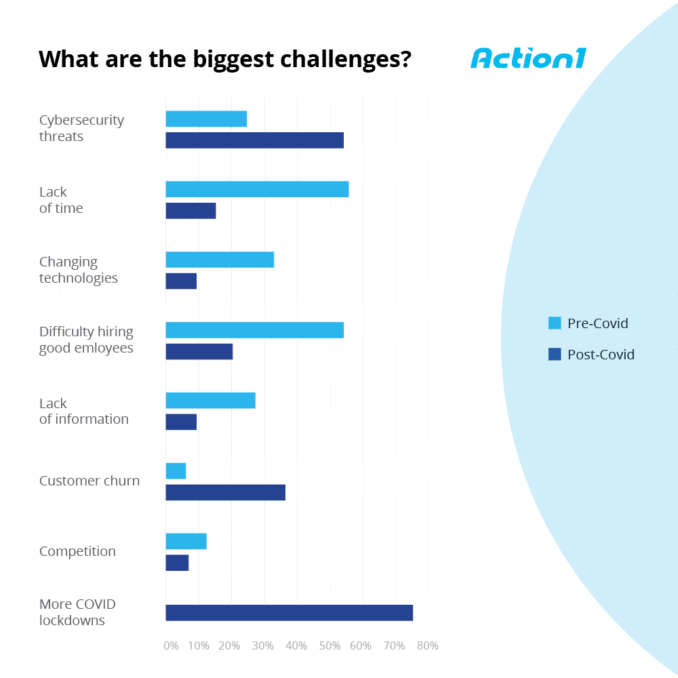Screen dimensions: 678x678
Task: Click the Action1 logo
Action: coord(527,58)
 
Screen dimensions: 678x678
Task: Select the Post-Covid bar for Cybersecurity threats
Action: coord(254,140)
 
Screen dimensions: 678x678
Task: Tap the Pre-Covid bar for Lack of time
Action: coord(257,189)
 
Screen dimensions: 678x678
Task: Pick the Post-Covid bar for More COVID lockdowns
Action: coord(289,613)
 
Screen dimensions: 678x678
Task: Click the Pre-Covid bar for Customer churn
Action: coord(176,471)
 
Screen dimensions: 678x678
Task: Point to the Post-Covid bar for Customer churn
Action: coord(225,492)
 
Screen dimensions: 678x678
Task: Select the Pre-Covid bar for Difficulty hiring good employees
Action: coord(254,330)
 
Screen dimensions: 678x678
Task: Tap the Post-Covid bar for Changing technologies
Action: coord(181,281)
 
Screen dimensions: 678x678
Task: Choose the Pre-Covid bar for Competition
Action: coord(186,541)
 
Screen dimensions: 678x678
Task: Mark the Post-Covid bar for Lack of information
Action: coord(181,422)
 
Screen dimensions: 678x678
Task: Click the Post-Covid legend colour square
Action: coord(555,354)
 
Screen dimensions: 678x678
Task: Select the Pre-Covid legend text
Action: coord(597,323)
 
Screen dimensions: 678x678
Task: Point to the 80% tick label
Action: coord(427,646)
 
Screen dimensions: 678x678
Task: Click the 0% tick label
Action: coord(171,646)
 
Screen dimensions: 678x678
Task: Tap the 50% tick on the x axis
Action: coord(330,646)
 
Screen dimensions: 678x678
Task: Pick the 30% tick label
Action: coord(263,646)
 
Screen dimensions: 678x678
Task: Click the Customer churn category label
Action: coord(89,481)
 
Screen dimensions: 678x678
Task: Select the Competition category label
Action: coord(77,551)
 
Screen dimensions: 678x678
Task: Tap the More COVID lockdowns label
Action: coord(77,612)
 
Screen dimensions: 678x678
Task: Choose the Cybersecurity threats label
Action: coord(81,128)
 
